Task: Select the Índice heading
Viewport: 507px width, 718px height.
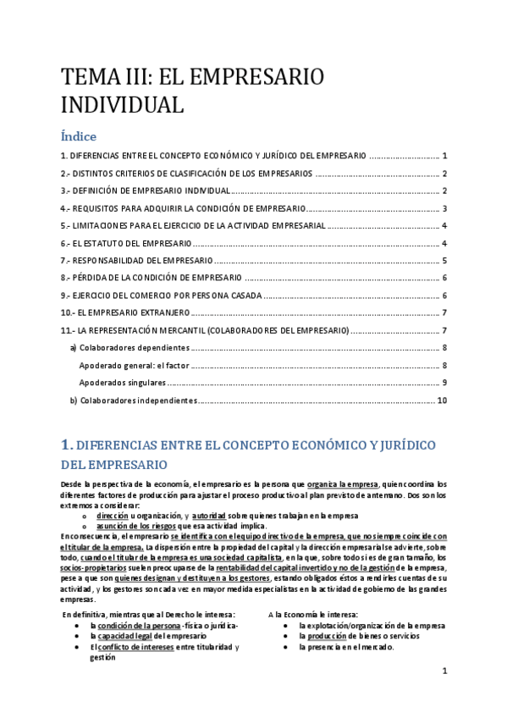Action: [79, 135]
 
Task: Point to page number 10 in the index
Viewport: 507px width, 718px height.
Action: [442, 400]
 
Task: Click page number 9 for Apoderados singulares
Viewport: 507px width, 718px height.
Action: [444, 383]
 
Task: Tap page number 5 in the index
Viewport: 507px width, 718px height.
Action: [444, 261]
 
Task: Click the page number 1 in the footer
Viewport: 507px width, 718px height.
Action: [444, 671]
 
